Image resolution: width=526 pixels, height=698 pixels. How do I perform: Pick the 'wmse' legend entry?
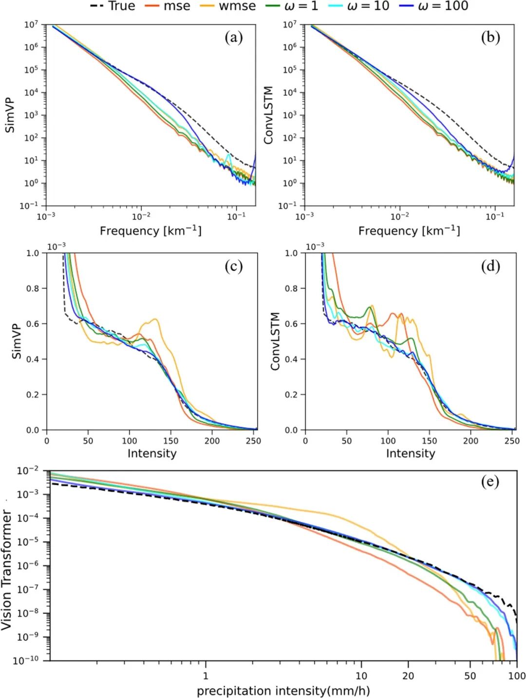pos(228,6)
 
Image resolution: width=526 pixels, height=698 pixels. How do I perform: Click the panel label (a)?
pos(233,38)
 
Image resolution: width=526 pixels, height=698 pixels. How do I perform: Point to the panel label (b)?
pos(490,38)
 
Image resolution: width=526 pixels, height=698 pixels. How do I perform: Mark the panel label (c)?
pos(233,266)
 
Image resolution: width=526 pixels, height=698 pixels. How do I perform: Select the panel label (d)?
pos(490,266)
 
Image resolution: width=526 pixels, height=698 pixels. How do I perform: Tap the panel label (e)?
pos(490,482)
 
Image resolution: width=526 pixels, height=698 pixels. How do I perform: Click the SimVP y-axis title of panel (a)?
pos(10,115)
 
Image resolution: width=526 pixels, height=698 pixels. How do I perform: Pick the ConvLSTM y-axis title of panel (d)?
pos(275,341)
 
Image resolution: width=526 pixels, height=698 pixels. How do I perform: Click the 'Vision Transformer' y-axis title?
pos(6,570)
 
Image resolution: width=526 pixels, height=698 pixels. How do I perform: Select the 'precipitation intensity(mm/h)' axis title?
pos(283,691)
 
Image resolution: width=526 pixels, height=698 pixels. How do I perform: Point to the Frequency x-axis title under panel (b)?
pos(409,230)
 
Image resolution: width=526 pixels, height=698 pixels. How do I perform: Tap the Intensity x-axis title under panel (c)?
pos(152,453)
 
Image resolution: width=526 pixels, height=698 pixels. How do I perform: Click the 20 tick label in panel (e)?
pos(408,676)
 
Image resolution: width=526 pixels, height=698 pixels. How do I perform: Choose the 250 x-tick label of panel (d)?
pos(512,441)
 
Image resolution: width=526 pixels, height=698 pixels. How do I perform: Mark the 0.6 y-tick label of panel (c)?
pos(33,324)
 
